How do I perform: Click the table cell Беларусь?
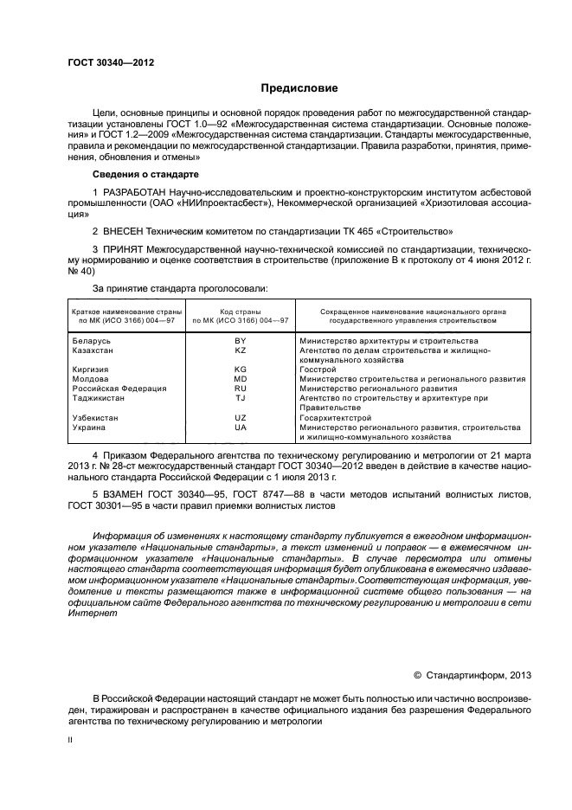(x=91, y=341)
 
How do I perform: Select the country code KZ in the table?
(x=241, y=350)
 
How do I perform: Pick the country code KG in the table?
(x=241, y=370)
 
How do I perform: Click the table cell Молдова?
(x=90, y=379)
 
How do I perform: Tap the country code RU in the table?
(x=241, y=389)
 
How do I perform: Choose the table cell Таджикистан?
(x=99, y=398)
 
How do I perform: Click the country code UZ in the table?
(x=241, y=417)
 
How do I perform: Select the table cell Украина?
(x=89, y=427)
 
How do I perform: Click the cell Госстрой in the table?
(x=318, y=370)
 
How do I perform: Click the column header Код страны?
(x=241, y=311)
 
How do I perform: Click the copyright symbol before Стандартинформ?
(x=417, y=676)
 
